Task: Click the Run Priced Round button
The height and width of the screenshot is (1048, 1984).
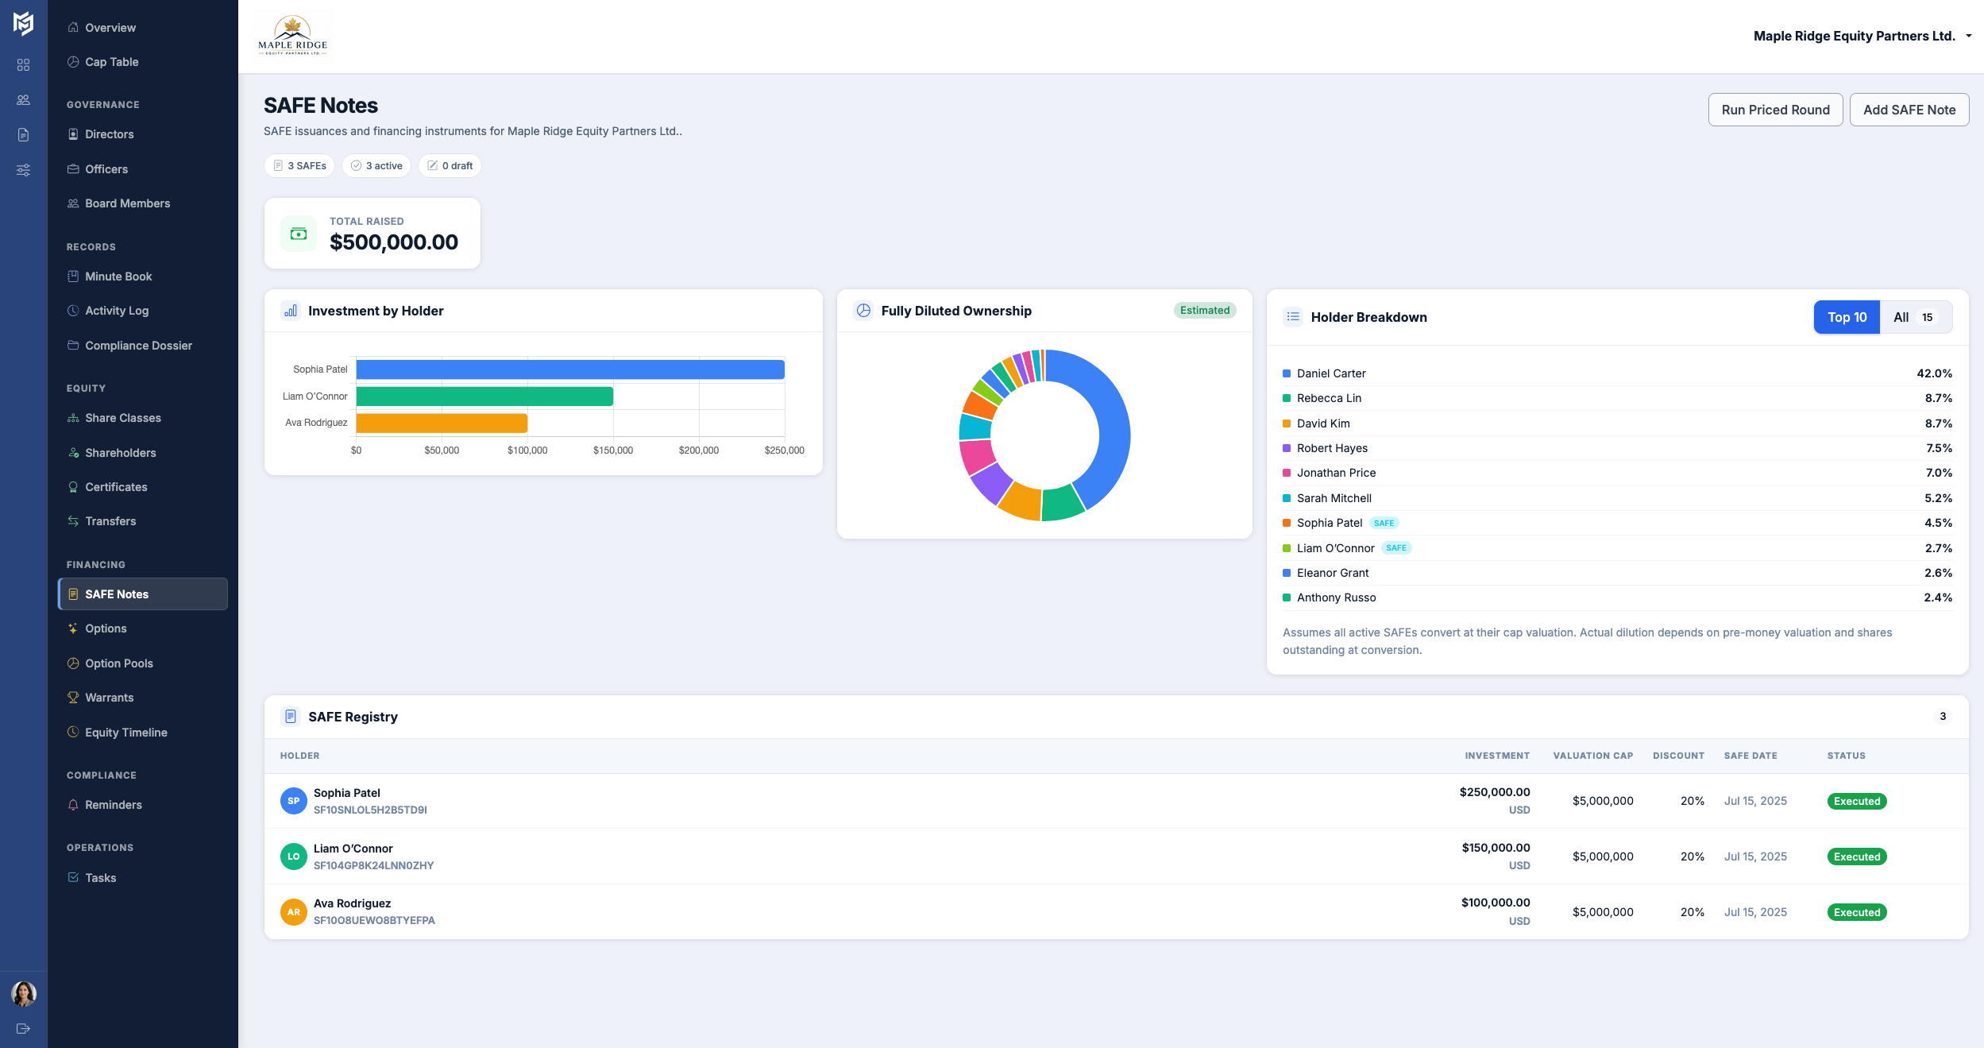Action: (1774, 110)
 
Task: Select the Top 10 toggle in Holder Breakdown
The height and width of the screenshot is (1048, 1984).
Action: (1846, 317)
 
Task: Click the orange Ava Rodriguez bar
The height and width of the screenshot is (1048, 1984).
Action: (442, 423)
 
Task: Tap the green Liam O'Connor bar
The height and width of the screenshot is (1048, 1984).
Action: (484, 396)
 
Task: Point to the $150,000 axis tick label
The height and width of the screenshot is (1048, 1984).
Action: (612, 451)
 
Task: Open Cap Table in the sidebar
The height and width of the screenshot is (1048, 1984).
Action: (111, 62)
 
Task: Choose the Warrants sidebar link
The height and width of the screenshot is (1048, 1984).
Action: (109, 698)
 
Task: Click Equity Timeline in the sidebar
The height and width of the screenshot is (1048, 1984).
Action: (125, 733)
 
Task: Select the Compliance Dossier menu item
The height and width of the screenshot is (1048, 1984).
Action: (138, 346)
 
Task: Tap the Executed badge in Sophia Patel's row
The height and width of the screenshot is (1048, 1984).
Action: (1856, 801)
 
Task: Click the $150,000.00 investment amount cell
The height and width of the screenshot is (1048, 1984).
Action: (1495, 848)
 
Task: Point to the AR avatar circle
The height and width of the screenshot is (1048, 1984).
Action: (294, 912)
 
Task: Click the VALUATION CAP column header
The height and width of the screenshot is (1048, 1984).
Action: (1592, 756)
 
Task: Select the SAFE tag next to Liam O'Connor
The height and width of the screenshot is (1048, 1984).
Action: (1395, 548)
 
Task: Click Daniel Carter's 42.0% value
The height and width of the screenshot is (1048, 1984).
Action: (1933, 373)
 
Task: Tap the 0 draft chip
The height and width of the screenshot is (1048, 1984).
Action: (450, 166)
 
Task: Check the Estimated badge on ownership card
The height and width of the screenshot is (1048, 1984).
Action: (1204, 311)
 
